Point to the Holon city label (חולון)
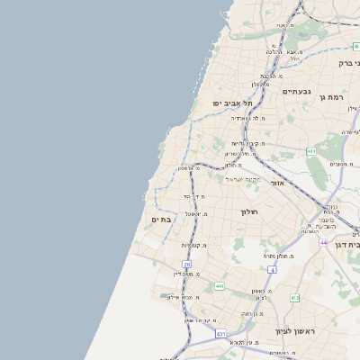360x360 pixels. point(249,211)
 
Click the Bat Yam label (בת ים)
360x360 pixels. point(161,220)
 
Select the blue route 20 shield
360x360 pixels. point(187,265)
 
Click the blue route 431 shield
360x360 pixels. point(220,334)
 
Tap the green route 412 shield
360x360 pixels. point(219,286)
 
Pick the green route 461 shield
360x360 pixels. point(310,151)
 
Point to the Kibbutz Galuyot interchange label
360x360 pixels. point(243,143)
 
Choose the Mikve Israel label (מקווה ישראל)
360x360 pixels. point(243,179)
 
